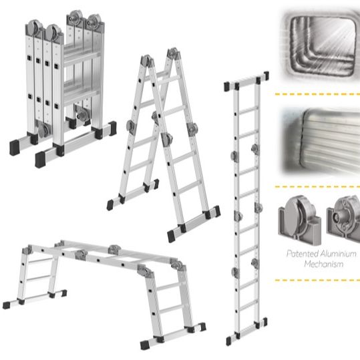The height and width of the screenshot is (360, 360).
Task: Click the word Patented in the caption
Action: (303, 254)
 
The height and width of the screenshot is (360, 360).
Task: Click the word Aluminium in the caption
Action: (339, 254)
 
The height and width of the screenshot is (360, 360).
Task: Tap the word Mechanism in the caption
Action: (324, 264)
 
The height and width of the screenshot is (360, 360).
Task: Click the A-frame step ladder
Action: (164, 145)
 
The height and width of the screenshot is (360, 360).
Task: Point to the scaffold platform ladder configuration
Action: (104, 295)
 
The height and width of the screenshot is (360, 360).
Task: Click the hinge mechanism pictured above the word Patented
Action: (300, 220)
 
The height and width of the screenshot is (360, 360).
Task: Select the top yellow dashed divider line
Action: (317, 94)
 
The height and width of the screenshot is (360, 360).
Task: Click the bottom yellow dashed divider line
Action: (317, 281)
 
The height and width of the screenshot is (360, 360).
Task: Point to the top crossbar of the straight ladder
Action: (246, 81)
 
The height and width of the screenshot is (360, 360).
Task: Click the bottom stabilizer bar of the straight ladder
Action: (247, 332)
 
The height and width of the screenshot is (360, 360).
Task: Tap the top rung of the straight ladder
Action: (248, 110)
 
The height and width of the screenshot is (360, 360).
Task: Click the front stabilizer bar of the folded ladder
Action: (75, 145)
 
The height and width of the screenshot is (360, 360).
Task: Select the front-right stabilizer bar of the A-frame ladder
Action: (194, 224)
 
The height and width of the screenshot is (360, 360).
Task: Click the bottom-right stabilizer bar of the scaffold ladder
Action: (173, 337)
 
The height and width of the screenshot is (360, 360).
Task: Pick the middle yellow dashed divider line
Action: (317, 187)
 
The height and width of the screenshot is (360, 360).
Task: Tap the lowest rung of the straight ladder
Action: (248, 305)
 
